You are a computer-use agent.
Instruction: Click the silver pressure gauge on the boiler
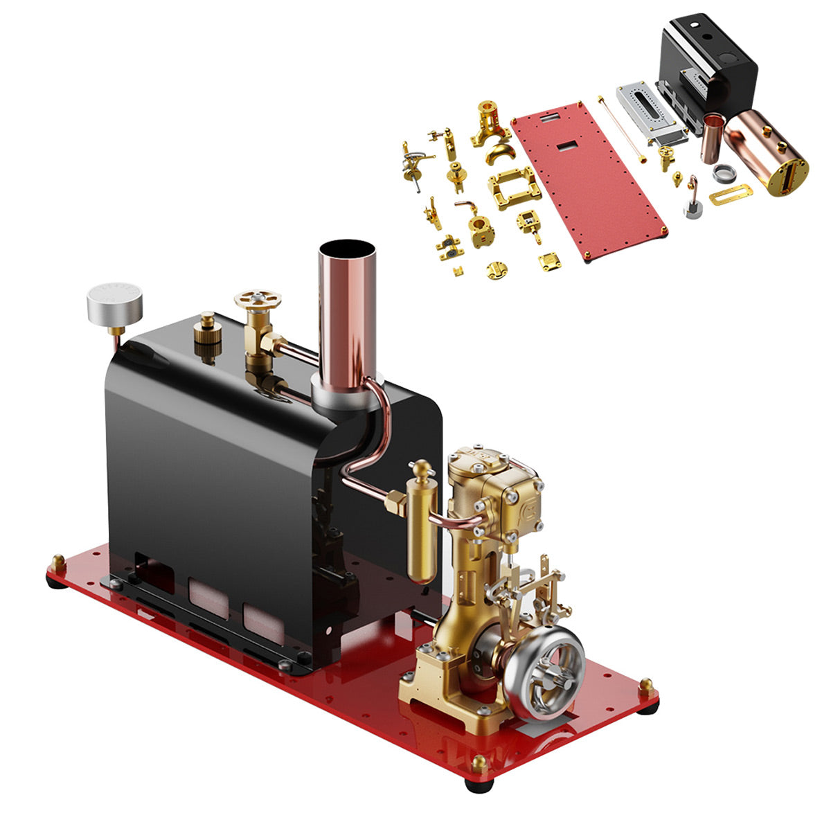[114, 302]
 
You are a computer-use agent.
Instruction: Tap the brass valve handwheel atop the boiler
[258, 300]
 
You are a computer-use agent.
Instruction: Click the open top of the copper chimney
[347, 250]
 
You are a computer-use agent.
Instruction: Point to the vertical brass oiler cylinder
[422, 526]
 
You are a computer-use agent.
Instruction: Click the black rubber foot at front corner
[479, 785]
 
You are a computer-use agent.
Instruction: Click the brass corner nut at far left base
[57, 561]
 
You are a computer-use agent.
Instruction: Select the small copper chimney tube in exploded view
[713, 138]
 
